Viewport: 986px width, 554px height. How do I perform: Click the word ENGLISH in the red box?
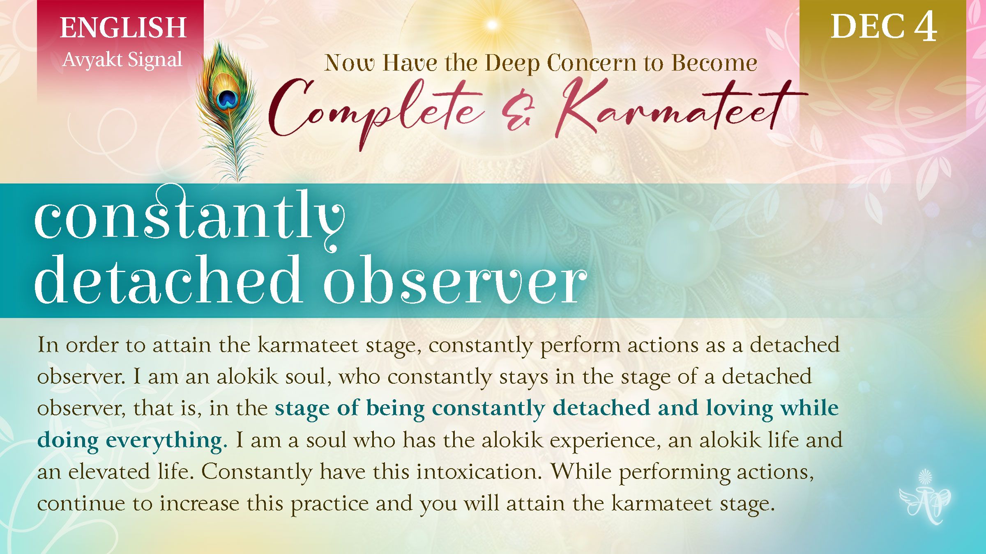click(x=123, y=28)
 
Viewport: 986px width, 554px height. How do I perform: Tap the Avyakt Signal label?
click(x=122, y=60)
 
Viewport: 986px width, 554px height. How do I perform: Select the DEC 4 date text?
click(x=884, y=27)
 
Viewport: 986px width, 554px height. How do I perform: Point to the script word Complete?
click(x=376, y=109)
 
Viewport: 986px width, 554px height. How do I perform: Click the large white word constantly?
click(x=189, y=217)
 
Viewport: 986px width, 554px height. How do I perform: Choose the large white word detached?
click(x=168, y=281)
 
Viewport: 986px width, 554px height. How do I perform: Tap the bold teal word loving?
click(x=739, y=408)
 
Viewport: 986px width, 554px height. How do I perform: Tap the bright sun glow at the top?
click(x=492, y=25)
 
